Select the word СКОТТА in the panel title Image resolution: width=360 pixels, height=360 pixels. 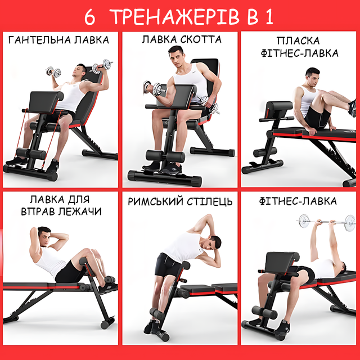[x=201, y=39]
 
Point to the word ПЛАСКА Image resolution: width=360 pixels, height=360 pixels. [x=298, y=41]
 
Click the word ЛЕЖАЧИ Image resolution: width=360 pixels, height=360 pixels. [x=79, y=211]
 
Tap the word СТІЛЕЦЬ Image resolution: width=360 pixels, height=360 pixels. [x=209, y=201]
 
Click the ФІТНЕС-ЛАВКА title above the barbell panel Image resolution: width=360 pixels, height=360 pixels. [x=298, y=201]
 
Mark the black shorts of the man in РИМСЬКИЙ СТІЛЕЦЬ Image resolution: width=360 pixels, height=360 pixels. [x=168, y=264]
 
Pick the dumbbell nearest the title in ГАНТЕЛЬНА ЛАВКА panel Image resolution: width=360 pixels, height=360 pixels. [x=102, y=66]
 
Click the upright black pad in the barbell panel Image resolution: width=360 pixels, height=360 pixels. [x=282, y=262]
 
